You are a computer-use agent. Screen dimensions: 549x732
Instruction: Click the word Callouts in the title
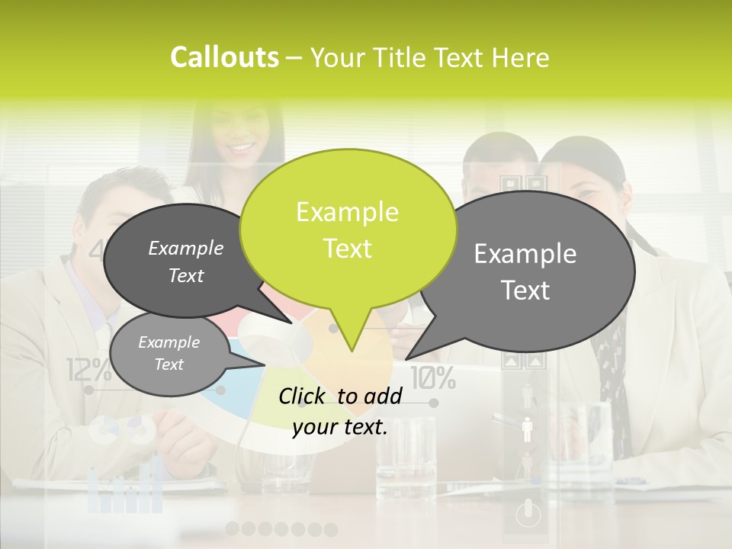[224, 57]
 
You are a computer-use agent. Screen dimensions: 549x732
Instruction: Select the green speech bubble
[348, 229]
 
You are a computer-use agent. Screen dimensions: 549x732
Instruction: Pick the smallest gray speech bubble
[169, 354]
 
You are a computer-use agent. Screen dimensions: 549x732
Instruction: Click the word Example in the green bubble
[347, 211]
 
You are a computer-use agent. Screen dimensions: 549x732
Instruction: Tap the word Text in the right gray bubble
[525, 291]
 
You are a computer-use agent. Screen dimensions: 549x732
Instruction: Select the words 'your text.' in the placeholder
[340, 427]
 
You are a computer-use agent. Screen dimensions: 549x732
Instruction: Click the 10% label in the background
[433, 376]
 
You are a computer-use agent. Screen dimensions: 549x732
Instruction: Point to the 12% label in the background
[88, 371]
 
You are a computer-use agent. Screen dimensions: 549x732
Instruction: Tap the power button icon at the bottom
[528, 514]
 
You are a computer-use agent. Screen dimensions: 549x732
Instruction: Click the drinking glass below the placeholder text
[405, 457]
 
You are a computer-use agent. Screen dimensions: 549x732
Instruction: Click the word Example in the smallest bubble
[169, 342]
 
